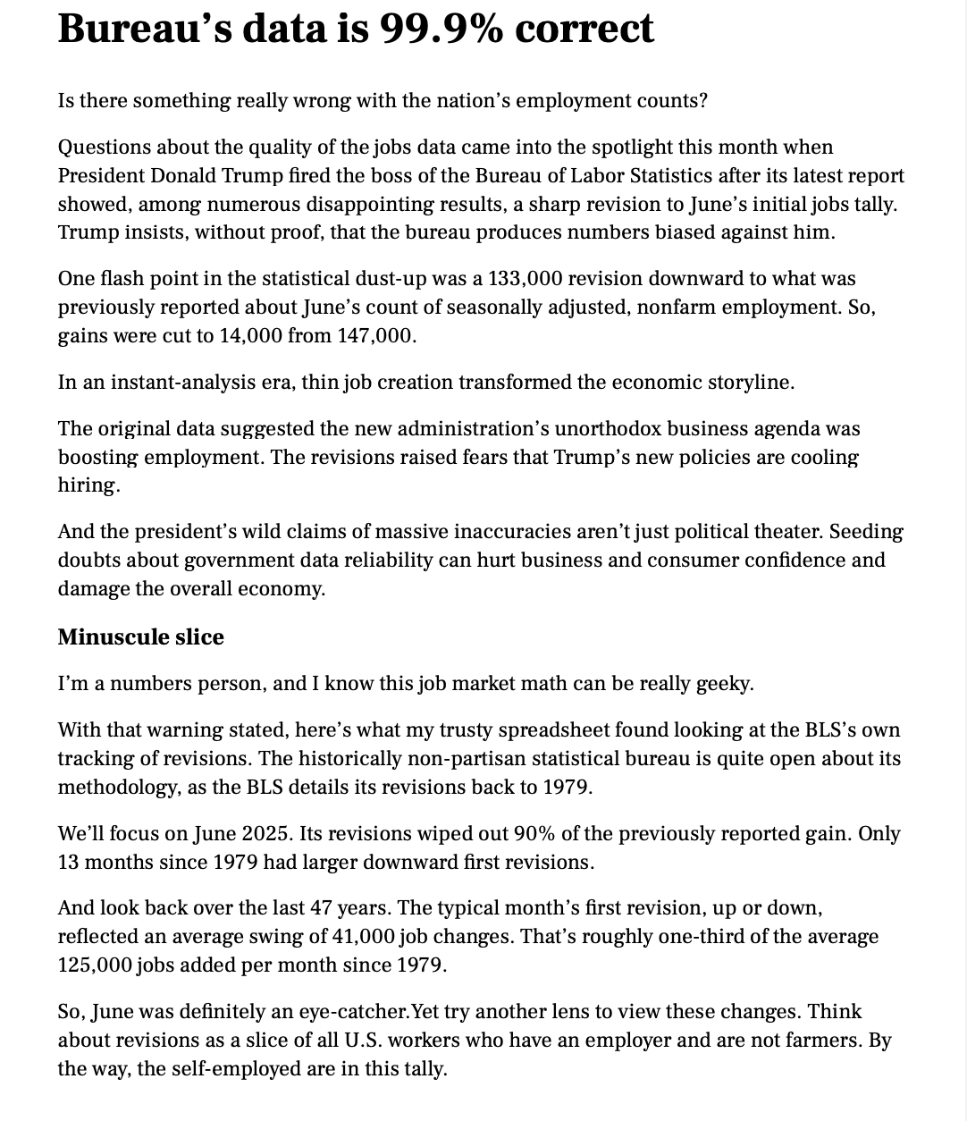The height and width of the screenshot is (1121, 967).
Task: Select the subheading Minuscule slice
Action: (140, 637)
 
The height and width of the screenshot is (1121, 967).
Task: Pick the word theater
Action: (786, 532)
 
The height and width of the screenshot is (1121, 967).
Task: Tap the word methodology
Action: (114, 788)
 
